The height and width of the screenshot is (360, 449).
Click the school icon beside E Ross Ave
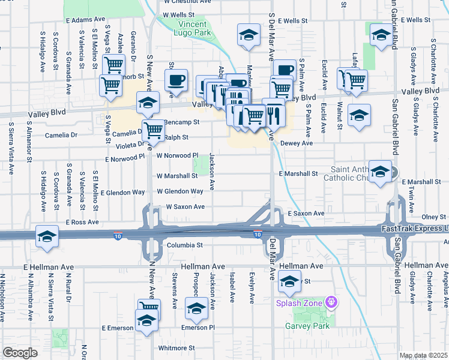tap(47, 236)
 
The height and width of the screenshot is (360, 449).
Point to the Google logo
tap(20, 353)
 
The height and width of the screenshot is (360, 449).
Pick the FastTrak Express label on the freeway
tap(414, 229)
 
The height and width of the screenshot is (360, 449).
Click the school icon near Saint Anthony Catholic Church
tap(379, 172)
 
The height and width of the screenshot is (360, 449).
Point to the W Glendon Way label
tap(180, 191)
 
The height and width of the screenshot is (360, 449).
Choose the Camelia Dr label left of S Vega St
tap(74, 135)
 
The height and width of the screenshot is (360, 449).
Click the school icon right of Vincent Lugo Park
tap(248, 36)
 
